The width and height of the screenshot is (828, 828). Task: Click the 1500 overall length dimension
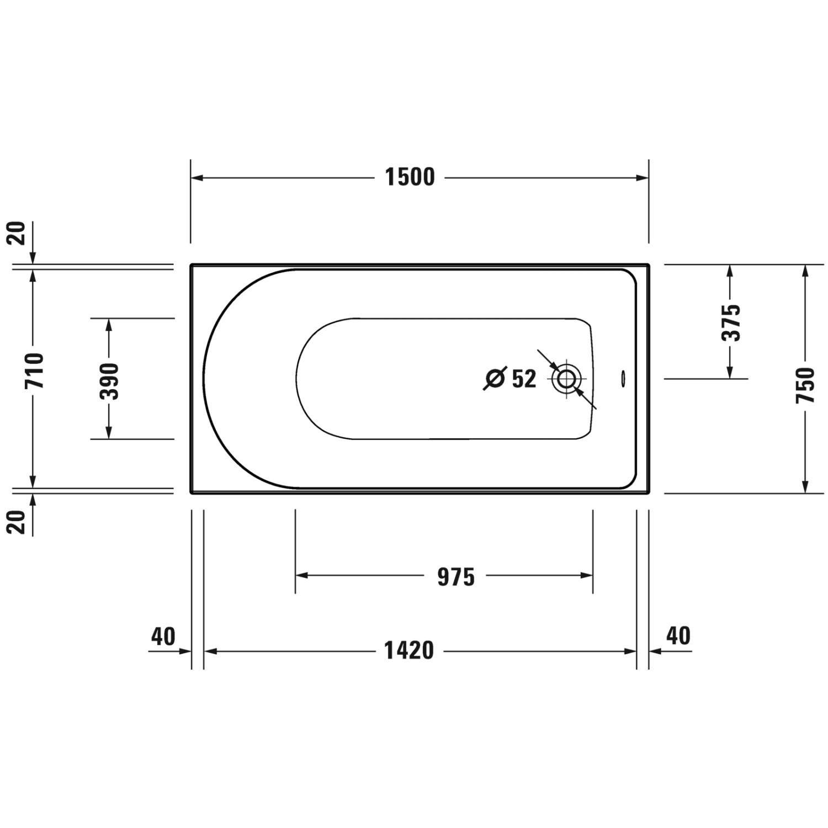410,177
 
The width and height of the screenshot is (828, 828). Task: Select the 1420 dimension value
409,651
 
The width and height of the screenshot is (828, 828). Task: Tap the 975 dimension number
456,577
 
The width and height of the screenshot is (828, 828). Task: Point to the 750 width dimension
805,384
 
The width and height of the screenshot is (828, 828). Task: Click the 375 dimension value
731,322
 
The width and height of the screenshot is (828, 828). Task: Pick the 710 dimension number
34,370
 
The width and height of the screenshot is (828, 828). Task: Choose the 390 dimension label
109,381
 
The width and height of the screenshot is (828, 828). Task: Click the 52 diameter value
524,379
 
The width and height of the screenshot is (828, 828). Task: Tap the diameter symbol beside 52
495,378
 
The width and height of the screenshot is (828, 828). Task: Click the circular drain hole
566,379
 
